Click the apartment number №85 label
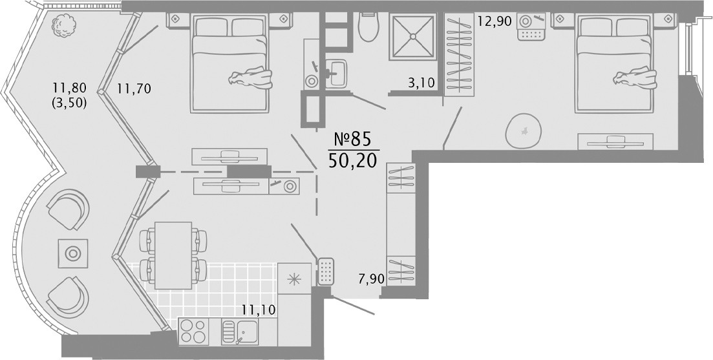coord(354,139)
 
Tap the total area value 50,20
coord(353,160)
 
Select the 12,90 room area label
coord(495,21)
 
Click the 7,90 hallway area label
coord(370,279)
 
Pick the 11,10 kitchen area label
coord(259,310)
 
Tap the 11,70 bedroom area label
coord(134,88)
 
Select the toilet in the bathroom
coord(368,26)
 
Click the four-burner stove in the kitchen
coord(193,331)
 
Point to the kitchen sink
coord(240,332)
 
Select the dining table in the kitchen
coord(173,255)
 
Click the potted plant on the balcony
coord(63,25)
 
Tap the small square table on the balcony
coord(73,253)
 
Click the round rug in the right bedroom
coord(524,131)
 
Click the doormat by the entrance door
coord(326,272)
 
